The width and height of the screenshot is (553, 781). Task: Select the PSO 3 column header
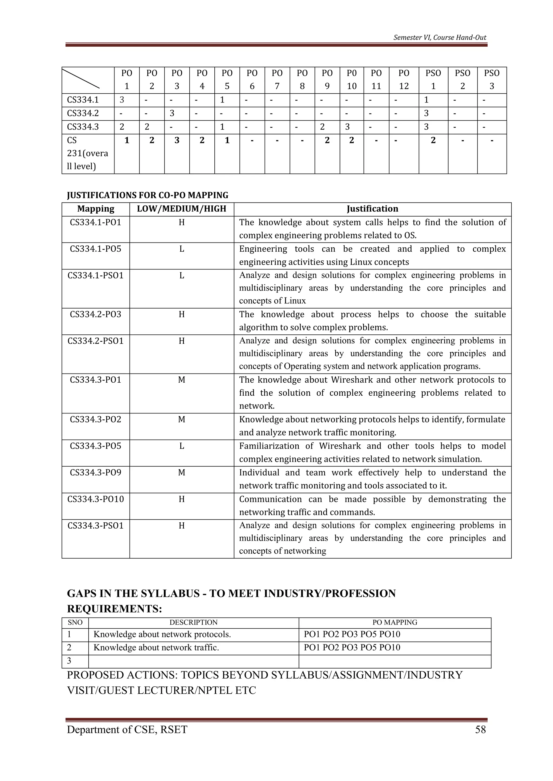491,80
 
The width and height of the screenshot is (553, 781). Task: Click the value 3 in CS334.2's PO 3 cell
172,113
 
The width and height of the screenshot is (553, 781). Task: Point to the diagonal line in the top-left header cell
81,79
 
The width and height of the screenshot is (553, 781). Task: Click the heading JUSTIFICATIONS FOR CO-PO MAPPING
147,195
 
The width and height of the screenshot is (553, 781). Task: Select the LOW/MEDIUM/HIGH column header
181,209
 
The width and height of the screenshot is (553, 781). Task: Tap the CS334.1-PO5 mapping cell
95,249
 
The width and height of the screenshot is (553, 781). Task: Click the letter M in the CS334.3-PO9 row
181,472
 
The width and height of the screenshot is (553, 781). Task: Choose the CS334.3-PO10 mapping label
95,499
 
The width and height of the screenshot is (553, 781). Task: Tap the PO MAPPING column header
395,622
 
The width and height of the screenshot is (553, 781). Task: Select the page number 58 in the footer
480,730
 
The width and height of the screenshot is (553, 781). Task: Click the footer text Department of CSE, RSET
127,730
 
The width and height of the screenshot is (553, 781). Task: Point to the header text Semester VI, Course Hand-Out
440,37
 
